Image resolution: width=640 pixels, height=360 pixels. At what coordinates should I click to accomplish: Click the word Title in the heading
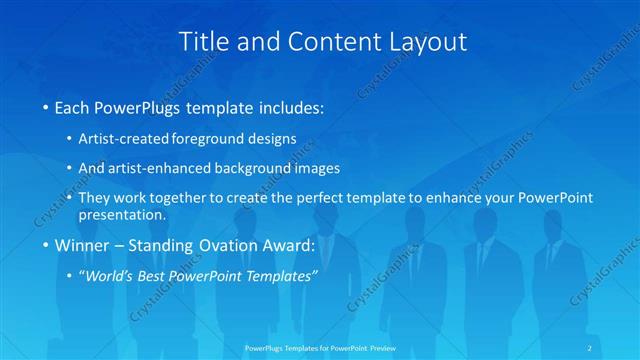202,42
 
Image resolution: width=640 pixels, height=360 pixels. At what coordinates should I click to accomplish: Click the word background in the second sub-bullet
266,168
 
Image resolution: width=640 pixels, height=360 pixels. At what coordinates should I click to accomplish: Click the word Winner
82,245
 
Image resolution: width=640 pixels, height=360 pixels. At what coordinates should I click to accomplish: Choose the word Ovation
222,245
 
